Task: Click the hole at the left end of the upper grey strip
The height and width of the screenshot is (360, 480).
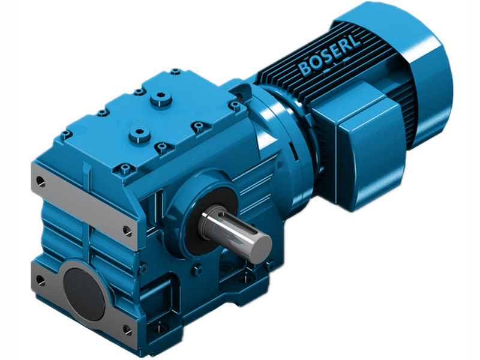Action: (40, 179)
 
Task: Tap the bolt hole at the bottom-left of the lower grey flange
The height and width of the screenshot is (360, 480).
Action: (40, 280)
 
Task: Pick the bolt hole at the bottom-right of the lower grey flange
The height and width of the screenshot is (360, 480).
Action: (127, 328)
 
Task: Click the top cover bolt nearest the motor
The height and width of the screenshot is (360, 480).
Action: (236, 106)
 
